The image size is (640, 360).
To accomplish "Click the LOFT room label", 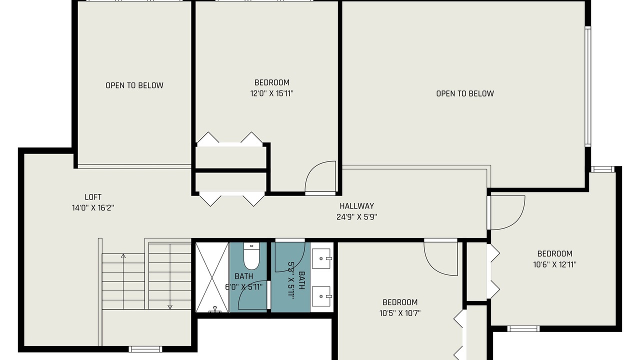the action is click(x=93, y=197).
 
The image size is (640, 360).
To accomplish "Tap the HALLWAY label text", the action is click(x=356, y=206).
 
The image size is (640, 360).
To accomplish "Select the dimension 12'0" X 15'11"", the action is click(x=271, y=93).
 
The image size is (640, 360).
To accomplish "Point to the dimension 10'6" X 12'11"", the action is click(x=554, y=264).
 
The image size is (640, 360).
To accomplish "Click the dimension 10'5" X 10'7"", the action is click(x=399, y=313).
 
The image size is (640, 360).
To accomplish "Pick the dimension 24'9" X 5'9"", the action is click(x=356, y=217).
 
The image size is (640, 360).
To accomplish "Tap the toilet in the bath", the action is click(x=251, y=256).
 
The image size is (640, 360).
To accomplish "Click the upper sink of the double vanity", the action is click(x=321, y=258).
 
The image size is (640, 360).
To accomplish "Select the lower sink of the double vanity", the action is click(x=321, y=296).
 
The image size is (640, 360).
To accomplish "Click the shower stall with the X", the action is click(x=212, y=277).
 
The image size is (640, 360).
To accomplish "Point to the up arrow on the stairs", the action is click(x=123, y=281).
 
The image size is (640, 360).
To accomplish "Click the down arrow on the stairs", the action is click(x=170, y=276).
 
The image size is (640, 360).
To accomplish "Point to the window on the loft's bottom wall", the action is click(x=145, y=349).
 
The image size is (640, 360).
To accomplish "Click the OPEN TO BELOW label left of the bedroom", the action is click(x=134, y=85).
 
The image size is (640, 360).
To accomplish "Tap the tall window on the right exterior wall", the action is click(x=587, y=86).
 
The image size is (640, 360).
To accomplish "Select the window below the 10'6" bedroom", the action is click(x=523, y=328).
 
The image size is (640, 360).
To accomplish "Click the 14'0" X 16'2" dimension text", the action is click(x=93, y=208).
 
